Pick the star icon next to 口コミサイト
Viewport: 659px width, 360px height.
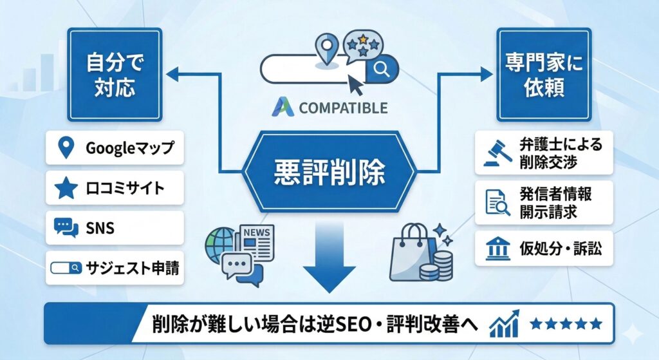(x=65, y=188)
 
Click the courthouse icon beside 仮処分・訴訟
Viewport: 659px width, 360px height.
(x=494, y=249)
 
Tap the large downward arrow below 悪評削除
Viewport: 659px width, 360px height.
(x=329, y=258)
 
